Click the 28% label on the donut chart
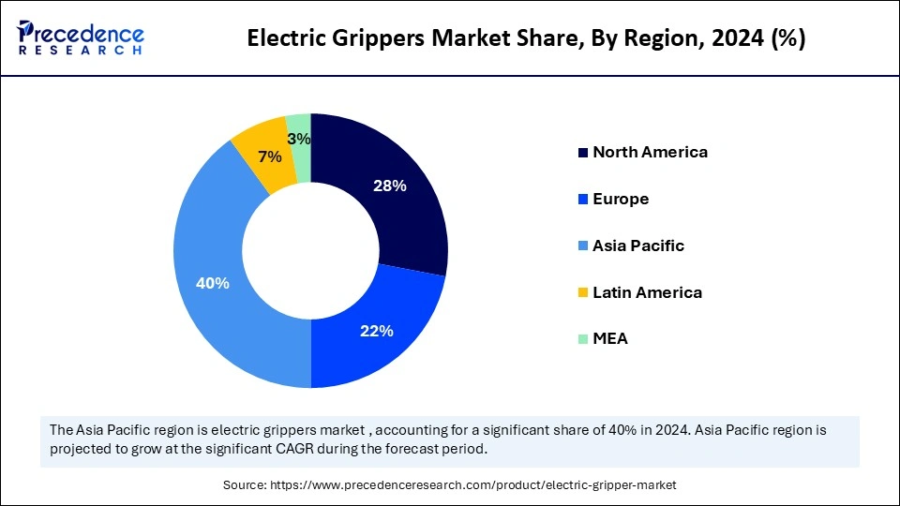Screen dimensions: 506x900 click(389, 186)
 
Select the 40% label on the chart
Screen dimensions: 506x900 click(212, 283)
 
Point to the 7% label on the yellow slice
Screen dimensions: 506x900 click(257, 156)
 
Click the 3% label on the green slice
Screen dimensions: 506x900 click(299, 140)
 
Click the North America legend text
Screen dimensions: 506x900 click(650, 152)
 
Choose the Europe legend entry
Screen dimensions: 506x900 click(621, 199)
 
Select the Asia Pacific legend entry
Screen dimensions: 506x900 click(638, 246)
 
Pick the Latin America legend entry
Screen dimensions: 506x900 click(647, 292)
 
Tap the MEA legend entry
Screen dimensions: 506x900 click(610, 338)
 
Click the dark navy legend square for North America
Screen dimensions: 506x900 click(583, 153)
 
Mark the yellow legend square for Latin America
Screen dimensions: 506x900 click(583, 293)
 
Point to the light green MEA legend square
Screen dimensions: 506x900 click(583, 339)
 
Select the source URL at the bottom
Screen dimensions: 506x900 click(472, 484)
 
